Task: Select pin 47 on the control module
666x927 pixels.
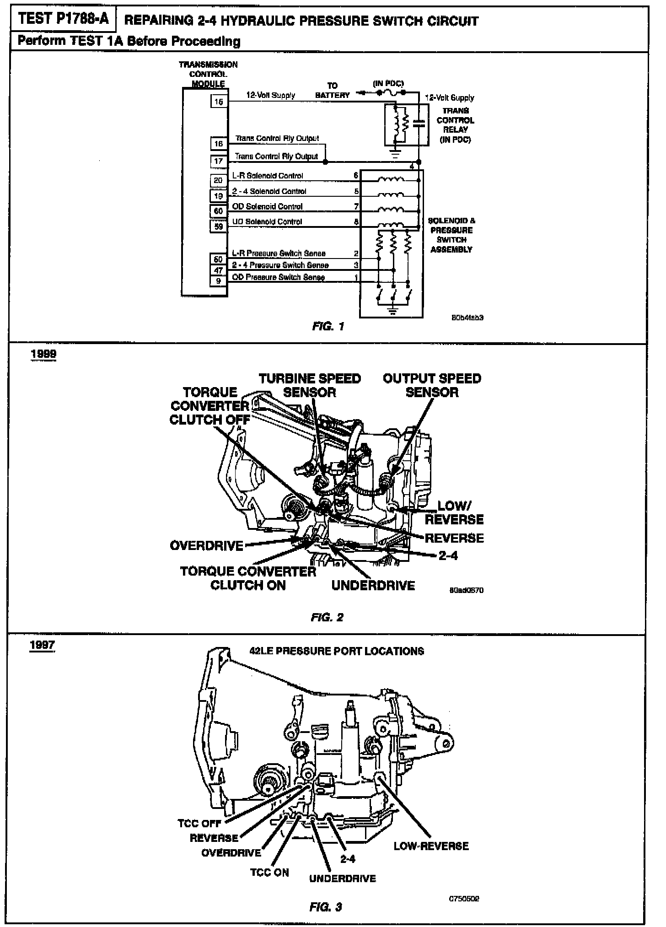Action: click(x=219, y=270)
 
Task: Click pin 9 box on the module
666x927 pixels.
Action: click(x=219, y=280)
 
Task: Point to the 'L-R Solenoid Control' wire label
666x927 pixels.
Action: click(x=268, y=176)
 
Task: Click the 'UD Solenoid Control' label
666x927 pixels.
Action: click(x=267, y=222)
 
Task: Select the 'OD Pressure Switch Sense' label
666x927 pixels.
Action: click(x=279, y=277)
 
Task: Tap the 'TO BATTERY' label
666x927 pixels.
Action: click(x=333, y=91)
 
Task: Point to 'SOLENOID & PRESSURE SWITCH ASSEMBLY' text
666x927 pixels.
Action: click(x=451, y=235)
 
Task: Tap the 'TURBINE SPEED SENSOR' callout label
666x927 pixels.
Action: click(x=310, y=385)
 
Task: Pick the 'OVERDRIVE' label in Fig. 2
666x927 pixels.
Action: click(x=206, y=546)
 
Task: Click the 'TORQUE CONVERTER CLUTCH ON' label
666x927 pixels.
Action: click(x=248, y=578)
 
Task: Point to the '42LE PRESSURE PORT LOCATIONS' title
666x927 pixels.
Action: click(x=337, y=651)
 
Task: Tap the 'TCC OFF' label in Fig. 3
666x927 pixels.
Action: click(x=199, y=824)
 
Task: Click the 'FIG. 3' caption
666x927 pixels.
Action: click(x=326, y=907)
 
